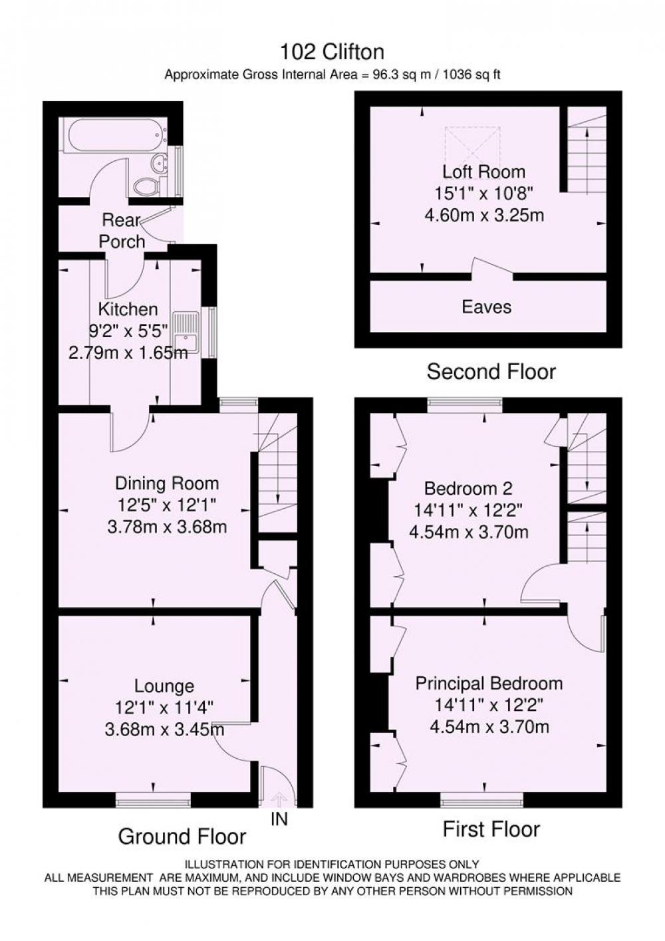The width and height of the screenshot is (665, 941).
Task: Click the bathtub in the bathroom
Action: pyautogui.click(x=114, y=134)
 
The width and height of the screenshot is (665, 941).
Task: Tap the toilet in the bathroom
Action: pyautogui.click(x=147, y=186)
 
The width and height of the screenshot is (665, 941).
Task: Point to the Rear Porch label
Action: pyautogui.click(x=122, y=231)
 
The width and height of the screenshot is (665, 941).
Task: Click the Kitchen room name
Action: pyautogui.click(x=128, y=309)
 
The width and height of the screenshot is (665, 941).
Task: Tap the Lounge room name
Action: pyautogui.click(x=164, y=686)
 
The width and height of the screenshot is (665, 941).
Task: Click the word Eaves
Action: pyautogui.click(x=487, y=307)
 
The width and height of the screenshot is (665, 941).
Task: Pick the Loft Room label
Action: pyautogui.click(x=483, y=172)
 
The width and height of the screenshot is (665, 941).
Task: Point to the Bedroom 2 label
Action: pyautogui.click(x=468, y=488)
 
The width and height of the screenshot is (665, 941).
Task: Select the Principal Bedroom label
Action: pyautogui.click(x=489, y=683)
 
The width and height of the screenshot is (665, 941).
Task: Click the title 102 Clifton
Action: pyautogui.click(x=332, y=53)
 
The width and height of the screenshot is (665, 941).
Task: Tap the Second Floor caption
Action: pyautogui.click(x=491, y=372)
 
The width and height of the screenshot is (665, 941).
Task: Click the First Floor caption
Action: pyautogui.click(x=491, y=829)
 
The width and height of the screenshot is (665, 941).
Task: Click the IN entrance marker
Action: pyautogui.click(x=279, y=819)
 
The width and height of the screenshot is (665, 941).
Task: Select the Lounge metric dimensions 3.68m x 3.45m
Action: pyautogui.click(x=164, y=730)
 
